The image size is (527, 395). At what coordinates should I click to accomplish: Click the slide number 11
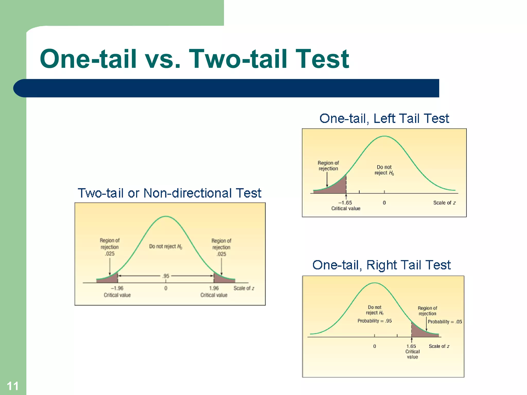tap(12, 386)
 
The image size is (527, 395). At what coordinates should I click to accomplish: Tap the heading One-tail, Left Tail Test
tap(384, 119)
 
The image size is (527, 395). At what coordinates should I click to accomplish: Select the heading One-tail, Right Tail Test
tap(381, 265)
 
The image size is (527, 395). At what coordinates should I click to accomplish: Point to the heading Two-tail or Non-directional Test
tap(169, 193)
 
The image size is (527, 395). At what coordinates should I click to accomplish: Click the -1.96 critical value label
tap(117, 288)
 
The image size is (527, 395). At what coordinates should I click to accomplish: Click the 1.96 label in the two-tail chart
tap(214, 288)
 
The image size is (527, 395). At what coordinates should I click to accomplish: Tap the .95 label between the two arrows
tap(166, 276)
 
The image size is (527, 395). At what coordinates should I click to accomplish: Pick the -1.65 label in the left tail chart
tap(345, 203)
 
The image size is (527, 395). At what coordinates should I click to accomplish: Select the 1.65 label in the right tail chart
tap(411, 346)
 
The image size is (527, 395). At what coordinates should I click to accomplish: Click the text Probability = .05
tap(445, 322)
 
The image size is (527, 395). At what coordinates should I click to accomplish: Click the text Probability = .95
tap(374, 321)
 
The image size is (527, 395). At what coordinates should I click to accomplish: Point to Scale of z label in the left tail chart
tap(444, 203)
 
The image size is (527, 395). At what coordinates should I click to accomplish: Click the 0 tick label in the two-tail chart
tap(166, 288)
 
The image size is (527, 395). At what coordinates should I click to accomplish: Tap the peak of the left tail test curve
tap(384, 136)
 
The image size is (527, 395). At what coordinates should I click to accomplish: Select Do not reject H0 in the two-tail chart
tap(165, 247)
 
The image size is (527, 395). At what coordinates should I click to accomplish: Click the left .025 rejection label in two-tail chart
tap(110, 254)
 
